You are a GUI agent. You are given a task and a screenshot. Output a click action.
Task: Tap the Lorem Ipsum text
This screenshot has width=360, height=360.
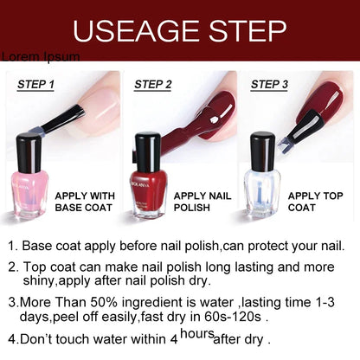[40, 57]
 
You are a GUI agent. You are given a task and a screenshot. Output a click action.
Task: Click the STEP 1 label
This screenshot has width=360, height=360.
[35, 85]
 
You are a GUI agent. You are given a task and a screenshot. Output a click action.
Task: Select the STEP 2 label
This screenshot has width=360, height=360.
[153, 85]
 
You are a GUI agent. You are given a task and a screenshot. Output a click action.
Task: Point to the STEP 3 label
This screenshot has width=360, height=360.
[269, 85]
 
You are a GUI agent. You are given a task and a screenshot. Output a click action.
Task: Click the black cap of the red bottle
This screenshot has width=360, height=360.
[148, 149]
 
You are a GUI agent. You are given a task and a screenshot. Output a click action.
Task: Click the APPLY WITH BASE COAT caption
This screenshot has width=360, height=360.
[84, 202]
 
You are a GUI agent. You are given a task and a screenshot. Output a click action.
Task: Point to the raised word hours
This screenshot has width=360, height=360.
[197, 333]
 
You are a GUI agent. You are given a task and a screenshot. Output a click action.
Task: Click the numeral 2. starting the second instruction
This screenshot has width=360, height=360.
[13, 267]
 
